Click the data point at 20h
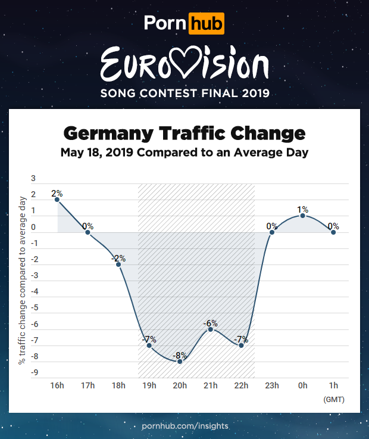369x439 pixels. click(x=180, y=362)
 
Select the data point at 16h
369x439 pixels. click(x=57, y=200)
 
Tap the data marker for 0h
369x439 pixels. click(x=302, y=216)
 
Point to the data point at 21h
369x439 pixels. click(x=210, y=329)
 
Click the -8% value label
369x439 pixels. click(x=180, y=356)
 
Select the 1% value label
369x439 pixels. click(x=302, y=209)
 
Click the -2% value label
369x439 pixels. click(x=118, y=258)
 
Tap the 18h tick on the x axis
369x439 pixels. click(x=118, y=385)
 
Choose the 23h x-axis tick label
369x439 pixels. click(x=272, y=385)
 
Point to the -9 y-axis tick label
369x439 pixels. click(x=33, y=373)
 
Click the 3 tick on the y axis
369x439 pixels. click(x=33, y=178)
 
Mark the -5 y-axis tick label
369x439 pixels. click(x=33, y=308)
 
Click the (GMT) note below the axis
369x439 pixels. click(x=333, y=399)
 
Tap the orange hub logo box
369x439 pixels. click(x=206, y=23)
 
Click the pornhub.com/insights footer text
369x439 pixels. click(x=185, y=426)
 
